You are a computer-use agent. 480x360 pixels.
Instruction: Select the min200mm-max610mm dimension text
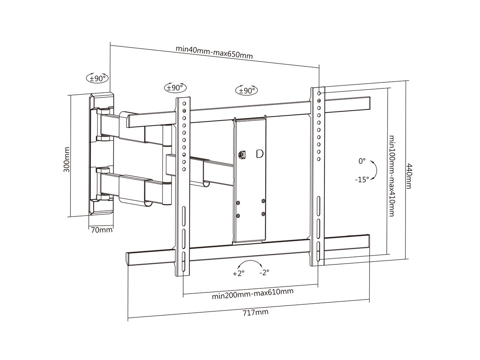coord(252,294)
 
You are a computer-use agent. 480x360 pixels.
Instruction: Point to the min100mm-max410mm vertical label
coord(392,176)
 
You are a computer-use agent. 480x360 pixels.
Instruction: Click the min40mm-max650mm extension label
coord(214,52)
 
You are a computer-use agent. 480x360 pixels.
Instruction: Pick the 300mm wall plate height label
coord(67,159)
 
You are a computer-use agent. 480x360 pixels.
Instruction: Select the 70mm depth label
coord(102,230)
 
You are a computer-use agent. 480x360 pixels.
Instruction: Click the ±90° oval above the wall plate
coord(97,78)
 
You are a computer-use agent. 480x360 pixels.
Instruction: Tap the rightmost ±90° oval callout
coord(247,90)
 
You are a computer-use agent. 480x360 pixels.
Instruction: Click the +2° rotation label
coord(238,274)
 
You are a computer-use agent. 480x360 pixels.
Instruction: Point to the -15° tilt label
coord(362,180)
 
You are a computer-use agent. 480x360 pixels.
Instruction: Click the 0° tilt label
coord(362,161)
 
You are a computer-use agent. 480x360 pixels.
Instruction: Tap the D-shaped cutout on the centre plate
coord(260,154)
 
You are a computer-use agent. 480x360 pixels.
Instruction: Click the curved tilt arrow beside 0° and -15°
coord(374,170)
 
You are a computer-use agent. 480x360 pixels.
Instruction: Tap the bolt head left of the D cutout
coord(242,154)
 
